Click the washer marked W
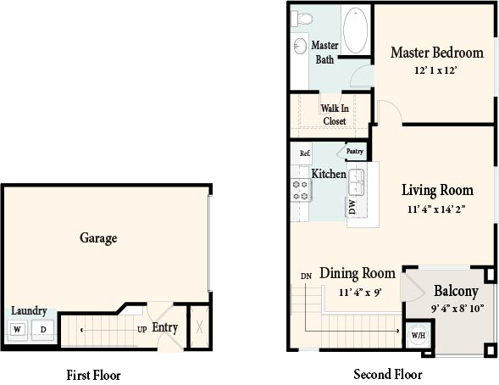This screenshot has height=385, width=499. [17, 329]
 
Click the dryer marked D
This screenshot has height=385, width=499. [43, 330]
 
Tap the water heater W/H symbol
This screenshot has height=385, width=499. [419, 335]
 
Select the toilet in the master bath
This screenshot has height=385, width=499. [302, 18]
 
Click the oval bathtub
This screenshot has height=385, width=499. [356, 31]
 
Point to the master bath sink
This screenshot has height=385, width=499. [300, 46]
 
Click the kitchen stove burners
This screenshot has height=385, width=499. [301, 191]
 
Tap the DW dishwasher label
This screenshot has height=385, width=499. [352, 207]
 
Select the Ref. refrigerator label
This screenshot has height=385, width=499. [305, 153]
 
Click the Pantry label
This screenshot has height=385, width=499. [354, 151]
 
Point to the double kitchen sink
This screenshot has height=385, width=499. [357, 182]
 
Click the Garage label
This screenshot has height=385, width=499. [98, 238]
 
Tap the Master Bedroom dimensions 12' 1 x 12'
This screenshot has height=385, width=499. [435, 70]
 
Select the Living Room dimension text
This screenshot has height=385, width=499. [436, 209]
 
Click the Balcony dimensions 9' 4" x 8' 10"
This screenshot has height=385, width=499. [457, 309]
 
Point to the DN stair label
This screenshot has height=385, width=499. [306, 276]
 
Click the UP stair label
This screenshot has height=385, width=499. [142, 330]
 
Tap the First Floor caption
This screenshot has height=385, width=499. [93, 375]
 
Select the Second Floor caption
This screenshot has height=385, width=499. [388, 374]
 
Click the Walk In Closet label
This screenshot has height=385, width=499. [335, 114]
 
